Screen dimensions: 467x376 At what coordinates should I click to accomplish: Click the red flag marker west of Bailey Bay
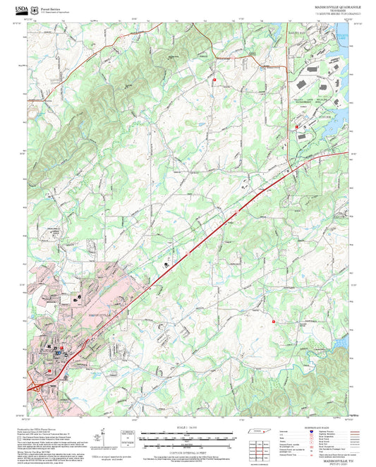point(214,80)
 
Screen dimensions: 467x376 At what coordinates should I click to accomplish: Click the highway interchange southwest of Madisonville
point(35,386)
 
